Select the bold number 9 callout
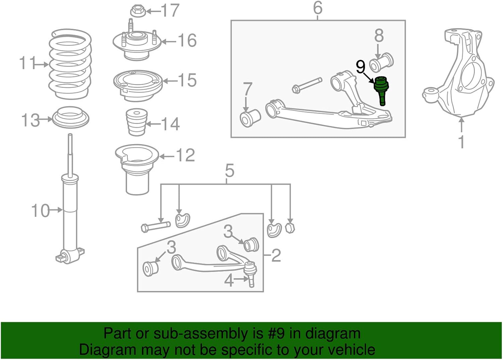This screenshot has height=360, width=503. [360, 67]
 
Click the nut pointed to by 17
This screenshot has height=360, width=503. [137, 11]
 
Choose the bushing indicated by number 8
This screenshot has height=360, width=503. [382, 62]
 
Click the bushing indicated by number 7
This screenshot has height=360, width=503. [250, 118]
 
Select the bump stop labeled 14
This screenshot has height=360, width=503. [137, 122]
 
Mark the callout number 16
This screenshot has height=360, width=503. [187, 41]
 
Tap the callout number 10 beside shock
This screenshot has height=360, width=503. [40, 211]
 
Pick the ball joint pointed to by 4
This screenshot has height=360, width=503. [250, 273]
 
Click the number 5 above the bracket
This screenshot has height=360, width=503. [229, 171]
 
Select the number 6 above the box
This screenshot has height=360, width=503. [318, 8]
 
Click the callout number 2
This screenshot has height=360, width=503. [276, 255]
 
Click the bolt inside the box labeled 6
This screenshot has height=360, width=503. [307, 85]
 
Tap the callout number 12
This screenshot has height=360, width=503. [185, 155]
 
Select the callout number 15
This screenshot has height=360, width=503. [187, 80]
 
